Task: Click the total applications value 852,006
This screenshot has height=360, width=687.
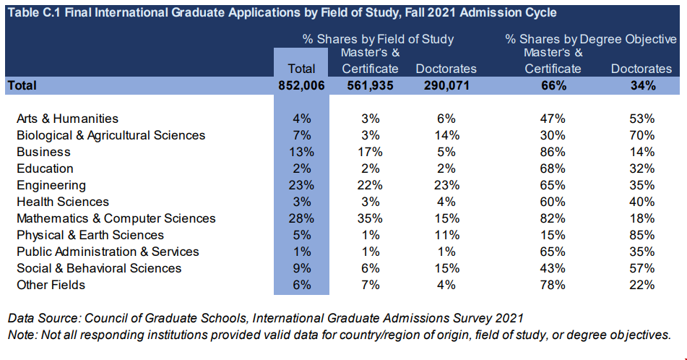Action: (x=301, y=85)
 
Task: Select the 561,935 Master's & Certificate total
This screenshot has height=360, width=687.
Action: (x=370, y=85)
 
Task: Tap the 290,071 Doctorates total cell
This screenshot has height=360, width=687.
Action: (x=446, y=85)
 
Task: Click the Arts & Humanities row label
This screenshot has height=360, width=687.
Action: (x=67, y=119)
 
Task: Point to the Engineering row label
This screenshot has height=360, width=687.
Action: (x=51, y=185)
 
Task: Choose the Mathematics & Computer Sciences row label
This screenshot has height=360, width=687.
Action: (x=116, y=218)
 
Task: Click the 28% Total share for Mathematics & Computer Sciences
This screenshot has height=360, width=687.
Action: (x=301, y=218)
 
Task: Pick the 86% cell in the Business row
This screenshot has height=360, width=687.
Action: (x=553, y=152)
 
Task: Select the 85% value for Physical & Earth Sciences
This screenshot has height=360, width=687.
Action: (x=641, y=235)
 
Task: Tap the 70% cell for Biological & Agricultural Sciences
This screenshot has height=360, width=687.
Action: (x=641, y=135)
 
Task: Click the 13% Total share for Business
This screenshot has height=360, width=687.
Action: (x=301, y=152)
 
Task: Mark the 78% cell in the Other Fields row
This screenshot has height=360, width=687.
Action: (x=553, y=285)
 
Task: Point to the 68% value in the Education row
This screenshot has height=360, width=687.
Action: (x=553, y=168)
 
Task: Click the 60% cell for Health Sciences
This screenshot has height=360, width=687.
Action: (x=553, y=202)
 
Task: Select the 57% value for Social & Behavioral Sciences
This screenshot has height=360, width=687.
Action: (x=641, y=268)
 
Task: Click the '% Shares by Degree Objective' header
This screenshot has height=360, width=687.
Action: (x=591, y=39)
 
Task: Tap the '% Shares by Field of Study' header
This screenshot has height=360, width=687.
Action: (x=379, y=39)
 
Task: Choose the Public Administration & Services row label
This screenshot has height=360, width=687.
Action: (x=108, y=252)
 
